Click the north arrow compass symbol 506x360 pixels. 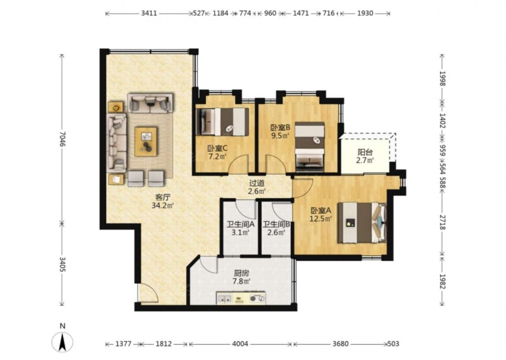coord(63,342)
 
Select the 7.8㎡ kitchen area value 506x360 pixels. coord(241,282)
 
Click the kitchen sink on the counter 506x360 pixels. coord(224,299)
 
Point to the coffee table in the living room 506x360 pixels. coord(146,142)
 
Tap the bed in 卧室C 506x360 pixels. coord(223,122)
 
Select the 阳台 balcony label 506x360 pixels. coord(365,152)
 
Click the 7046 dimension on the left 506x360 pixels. coord(62,139)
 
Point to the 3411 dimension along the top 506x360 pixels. coord(149,13)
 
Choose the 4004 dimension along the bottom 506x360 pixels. coord(240,344)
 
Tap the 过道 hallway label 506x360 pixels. coord(257,183)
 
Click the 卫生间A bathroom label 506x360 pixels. coord(240,224)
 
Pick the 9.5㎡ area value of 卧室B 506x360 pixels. coord(279,136)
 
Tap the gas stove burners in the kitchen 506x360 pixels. coord(257,299)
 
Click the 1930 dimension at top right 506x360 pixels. coord(365,13)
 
